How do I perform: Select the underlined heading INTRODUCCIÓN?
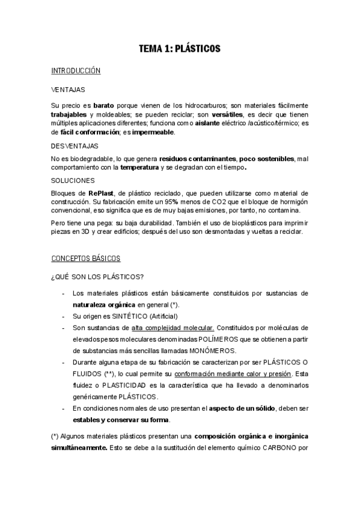(x=76, y=71)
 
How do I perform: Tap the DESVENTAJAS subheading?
(x=75, y=146)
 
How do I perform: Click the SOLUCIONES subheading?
(x=73, y=180)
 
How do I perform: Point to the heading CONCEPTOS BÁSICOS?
(x=86, y=259)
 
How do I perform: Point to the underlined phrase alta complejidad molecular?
(x=173, y=328)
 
